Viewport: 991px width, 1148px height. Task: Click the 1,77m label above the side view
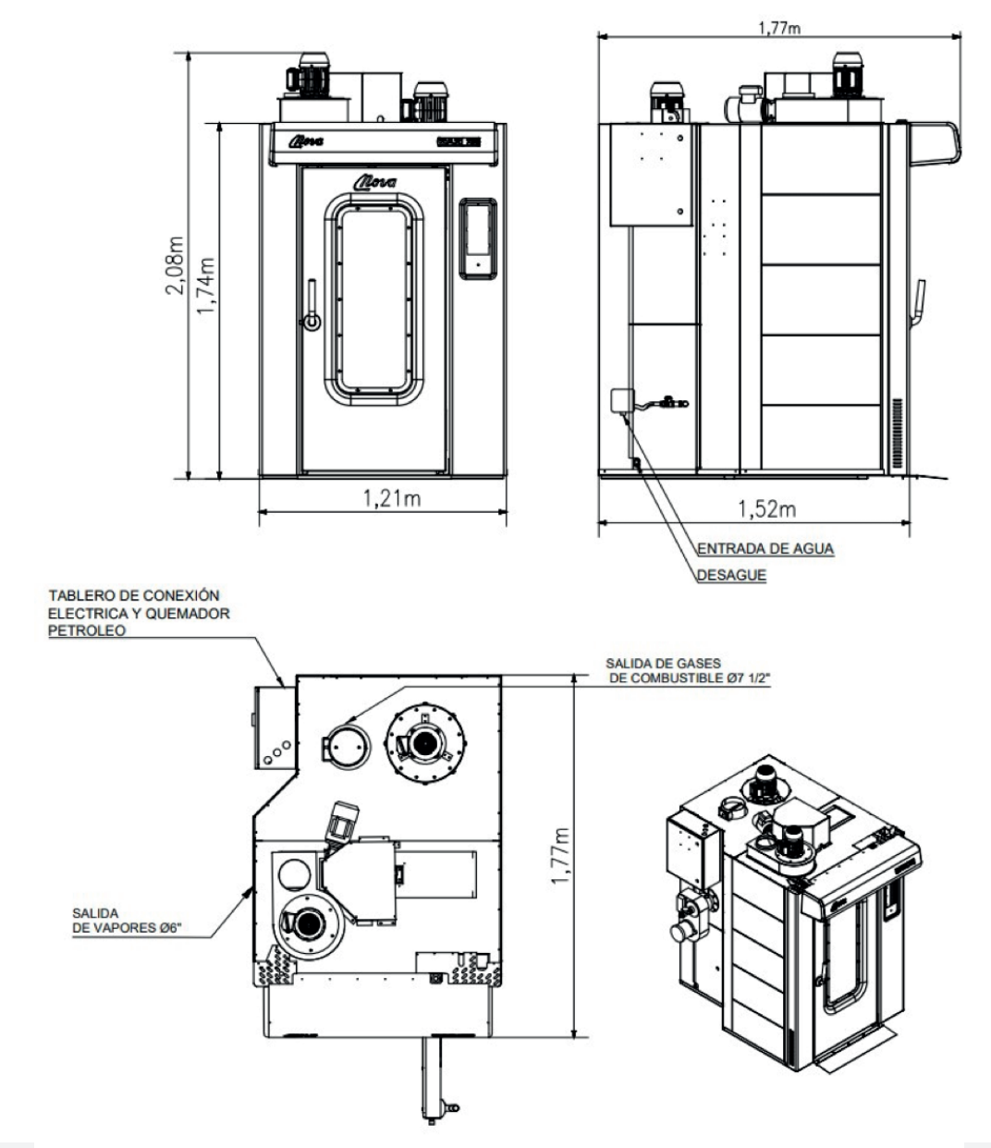(x=780, y=28)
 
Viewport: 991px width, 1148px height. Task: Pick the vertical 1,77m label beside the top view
(x=560, y=855)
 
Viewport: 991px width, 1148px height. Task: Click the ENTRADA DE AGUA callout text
(x=765, y=549)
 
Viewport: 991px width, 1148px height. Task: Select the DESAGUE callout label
(x=731, y=575)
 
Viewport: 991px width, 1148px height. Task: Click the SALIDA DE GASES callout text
(x=688, y=671)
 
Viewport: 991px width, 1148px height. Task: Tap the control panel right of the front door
(x=478, y=238)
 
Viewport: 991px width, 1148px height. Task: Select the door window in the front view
(x=373, y=302)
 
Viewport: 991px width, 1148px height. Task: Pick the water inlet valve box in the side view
(x=620, y=400)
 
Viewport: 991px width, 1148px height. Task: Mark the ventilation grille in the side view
(x=896, y=433)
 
